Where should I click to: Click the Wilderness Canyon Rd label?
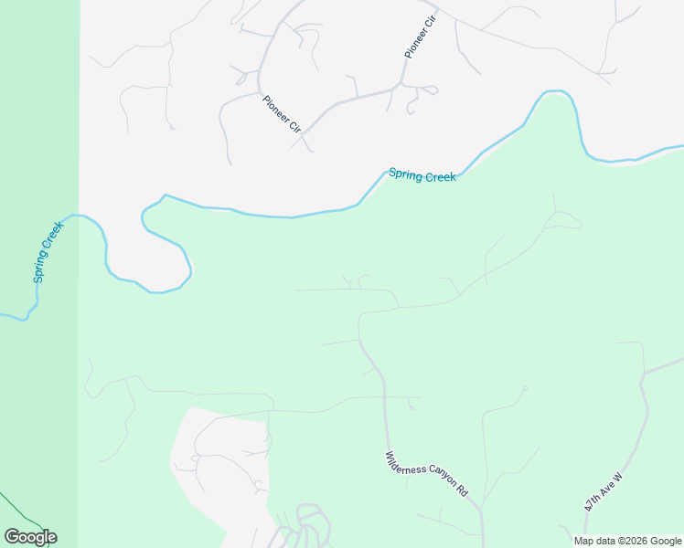[427, 474]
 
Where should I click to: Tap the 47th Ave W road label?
[604, 491]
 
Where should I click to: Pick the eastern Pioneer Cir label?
[416, 37]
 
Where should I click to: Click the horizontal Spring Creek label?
[422, 175]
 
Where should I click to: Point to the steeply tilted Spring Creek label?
[48, 251]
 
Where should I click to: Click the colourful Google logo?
[30, 537]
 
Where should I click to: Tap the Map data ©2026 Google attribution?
[627, 541]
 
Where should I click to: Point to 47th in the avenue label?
[594, 501]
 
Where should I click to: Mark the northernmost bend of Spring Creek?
[554, 92]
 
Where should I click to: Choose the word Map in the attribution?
[584, 541]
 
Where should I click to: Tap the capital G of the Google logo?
[12, 536]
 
